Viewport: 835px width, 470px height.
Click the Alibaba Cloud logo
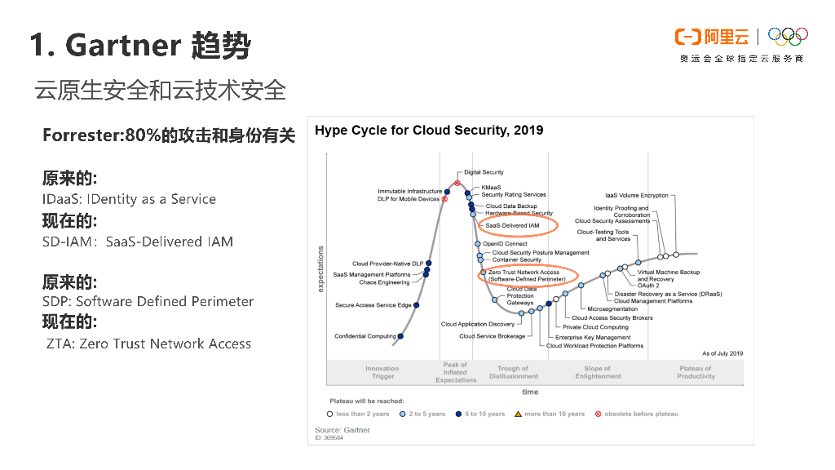(x=711, y=37)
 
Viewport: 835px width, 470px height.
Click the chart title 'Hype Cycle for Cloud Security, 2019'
(x=429, y=131)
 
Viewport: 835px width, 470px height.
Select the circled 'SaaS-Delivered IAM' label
(x=512, y=225)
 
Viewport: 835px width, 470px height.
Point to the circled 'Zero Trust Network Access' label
(x=527, y=276)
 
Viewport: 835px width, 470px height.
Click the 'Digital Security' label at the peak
(x=484, y=172)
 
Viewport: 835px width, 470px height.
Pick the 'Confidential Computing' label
(x=365, y=336)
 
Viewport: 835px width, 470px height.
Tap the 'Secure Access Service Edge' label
(x=373, y=305)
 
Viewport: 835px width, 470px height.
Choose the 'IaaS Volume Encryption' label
(x=636, y=196)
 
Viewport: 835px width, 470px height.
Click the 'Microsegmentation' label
(x=612, y=309)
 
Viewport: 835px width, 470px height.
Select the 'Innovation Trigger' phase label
(x=382, y=372)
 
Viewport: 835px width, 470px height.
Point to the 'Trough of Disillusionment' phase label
(x=514, y=372)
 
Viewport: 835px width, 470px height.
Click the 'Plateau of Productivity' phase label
(x=696, y=372)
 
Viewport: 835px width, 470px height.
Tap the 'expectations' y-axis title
(x=320, y=269)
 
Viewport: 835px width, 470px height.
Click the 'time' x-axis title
(x=530, y=392)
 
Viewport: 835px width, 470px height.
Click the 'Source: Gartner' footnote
(x=342, y=430)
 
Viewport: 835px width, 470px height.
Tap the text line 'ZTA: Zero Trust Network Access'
(x=148, y=344)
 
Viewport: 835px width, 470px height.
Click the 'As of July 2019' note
(x=722, y=353)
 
